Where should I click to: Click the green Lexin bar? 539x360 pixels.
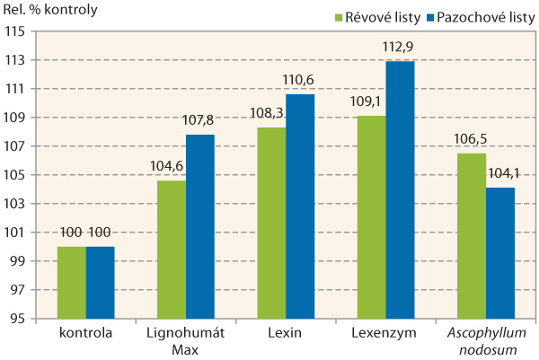(271, 223)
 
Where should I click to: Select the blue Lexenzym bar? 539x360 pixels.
(401, 189)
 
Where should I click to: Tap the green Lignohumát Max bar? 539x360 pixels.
(172, 250)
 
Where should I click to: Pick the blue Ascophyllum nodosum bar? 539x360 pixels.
(501, 253)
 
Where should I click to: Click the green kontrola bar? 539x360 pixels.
(71, 283)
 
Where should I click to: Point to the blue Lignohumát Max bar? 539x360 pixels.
(200, 226)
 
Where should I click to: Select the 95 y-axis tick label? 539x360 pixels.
(16, 319)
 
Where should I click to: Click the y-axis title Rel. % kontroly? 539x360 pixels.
(50, 11)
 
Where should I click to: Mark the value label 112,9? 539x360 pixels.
(401, 50)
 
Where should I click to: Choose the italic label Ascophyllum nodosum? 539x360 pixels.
(486, 340)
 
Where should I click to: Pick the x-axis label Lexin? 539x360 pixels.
(286, 334)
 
